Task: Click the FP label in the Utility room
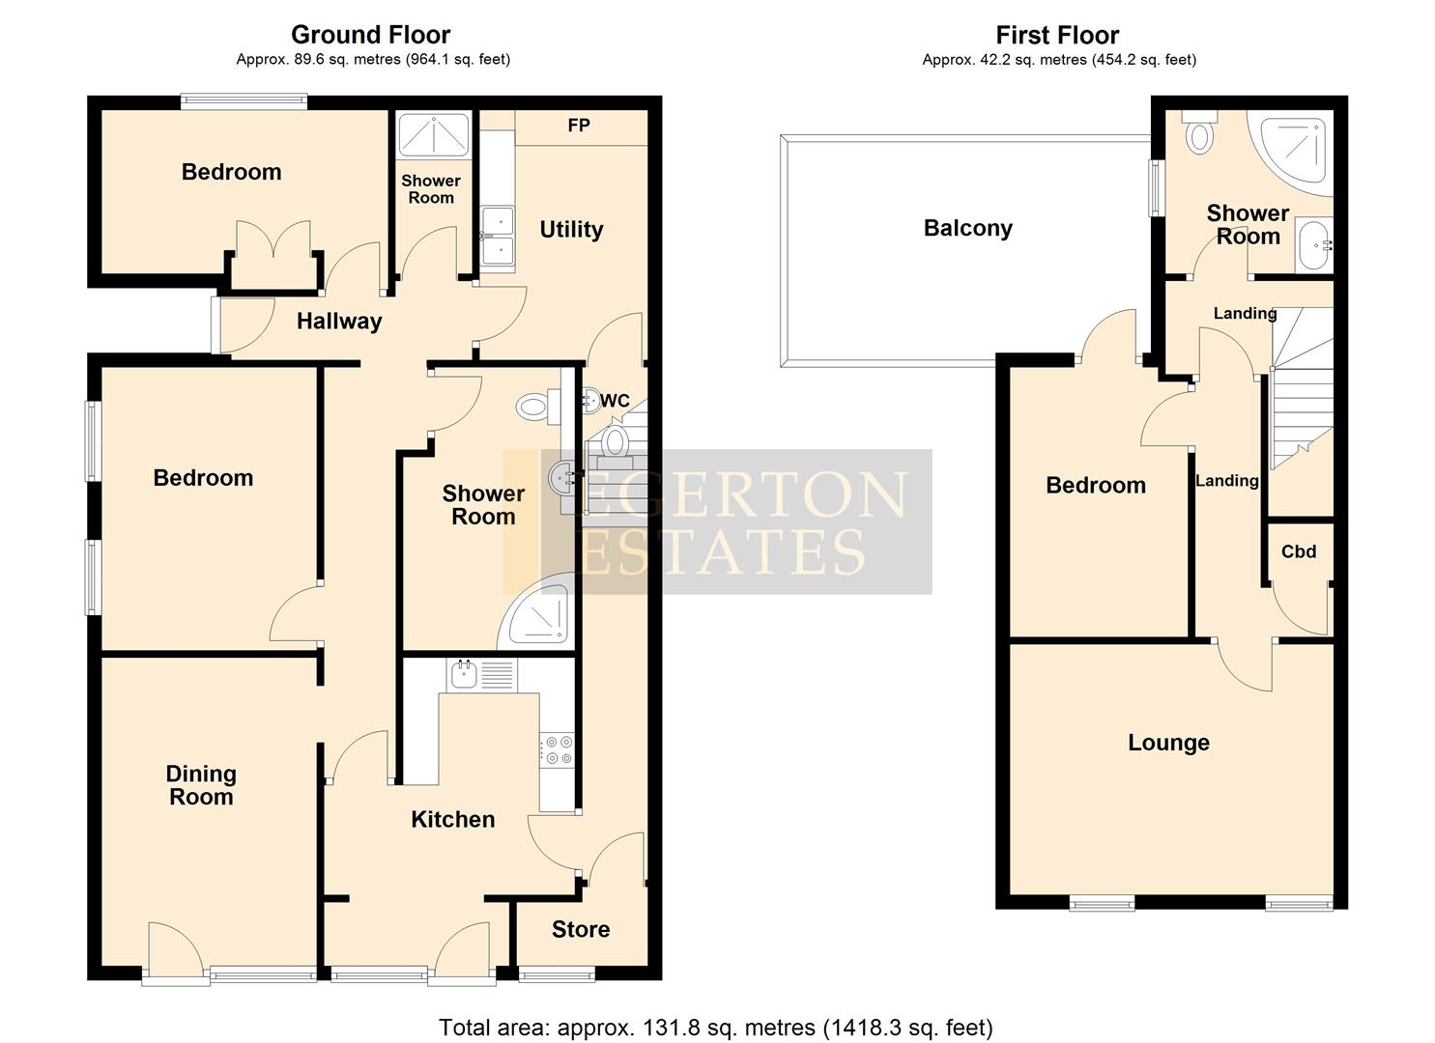[x=579, y=126]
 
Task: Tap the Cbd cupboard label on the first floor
[x=1299, y=551]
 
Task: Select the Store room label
[x=581, y=929]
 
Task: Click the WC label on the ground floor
[x=615, y=401]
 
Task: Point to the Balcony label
[x=967, y=228]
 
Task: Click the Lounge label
[x=1168, y=743]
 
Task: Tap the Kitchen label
[x=452, y=819]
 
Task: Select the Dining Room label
[x=201, y=785]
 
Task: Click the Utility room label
[x=571, y=229]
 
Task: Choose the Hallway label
[x=339, y=321]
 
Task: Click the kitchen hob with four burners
[x=558, y=749]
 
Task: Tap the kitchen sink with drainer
[x=481, y=674]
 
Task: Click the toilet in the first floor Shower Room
[x=1199, y=132]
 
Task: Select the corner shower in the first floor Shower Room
[x=1296, y=145]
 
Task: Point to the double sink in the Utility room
[x=499, y=237]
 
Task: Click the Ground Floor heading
[x=371, y=35]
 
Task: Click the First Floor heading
[x=1057, y=35]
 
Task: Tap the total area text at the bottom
[x=715, y=1027]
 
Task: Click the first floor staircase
[x=1300, y=396]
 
